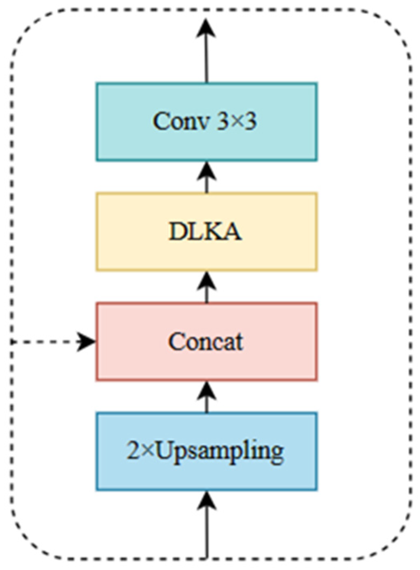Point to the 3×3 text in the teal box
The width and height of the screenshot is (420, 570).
tap(236, 121)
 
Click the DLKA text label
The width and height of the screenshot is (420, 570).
tap(205, 232)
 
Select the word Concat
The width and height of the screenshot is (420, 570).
tap(206, 342)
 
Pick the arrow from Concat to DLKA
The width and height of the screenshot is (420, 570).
tap(206, 286)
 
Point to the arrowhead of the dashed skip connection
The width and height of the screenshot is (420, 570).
tap(87, 342)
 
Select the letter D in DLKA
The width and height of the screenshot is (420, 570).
tap(176, 232)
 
